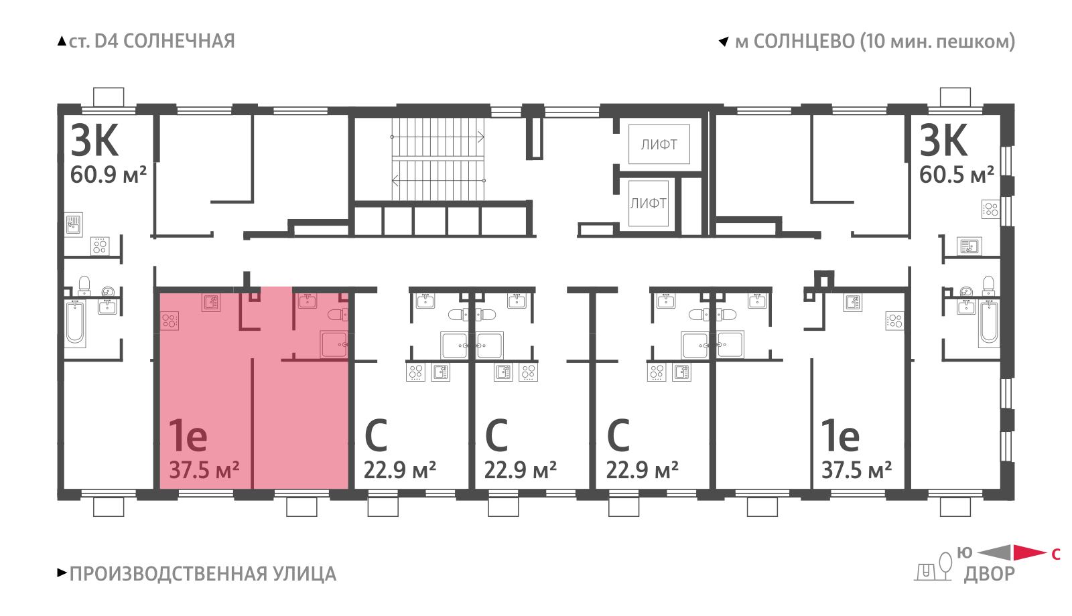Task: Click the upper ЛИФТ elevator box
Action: [659, 144]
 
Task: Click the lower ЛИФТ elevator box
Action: [649, 204]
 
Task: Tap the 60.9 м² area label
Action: [108, 175]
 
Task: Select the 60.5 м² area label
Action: [957, 175]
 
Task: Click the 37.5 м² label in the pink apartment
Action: [204, 470]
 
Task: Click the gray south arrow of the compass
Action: [994, 552]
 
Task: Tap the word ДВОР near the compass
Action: [989, 574]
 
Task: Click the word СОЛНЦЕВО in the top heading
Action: [805, 42]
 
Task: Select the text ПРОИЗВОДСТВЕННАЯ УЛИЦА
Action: [203, 574]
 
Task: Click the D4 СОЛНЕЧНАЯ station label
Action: [165, 41]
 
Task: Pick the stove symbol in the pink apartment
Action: [170, 321]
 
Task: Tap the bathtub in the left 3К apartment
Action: [75, 323]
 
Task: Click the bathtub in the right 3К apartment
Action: [989, 323]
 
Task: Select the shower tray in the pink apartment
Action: [334, 344]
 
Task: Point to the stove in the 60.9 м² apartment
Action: [100, 246]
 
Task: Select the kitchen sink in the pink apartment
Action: [211, 303]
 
